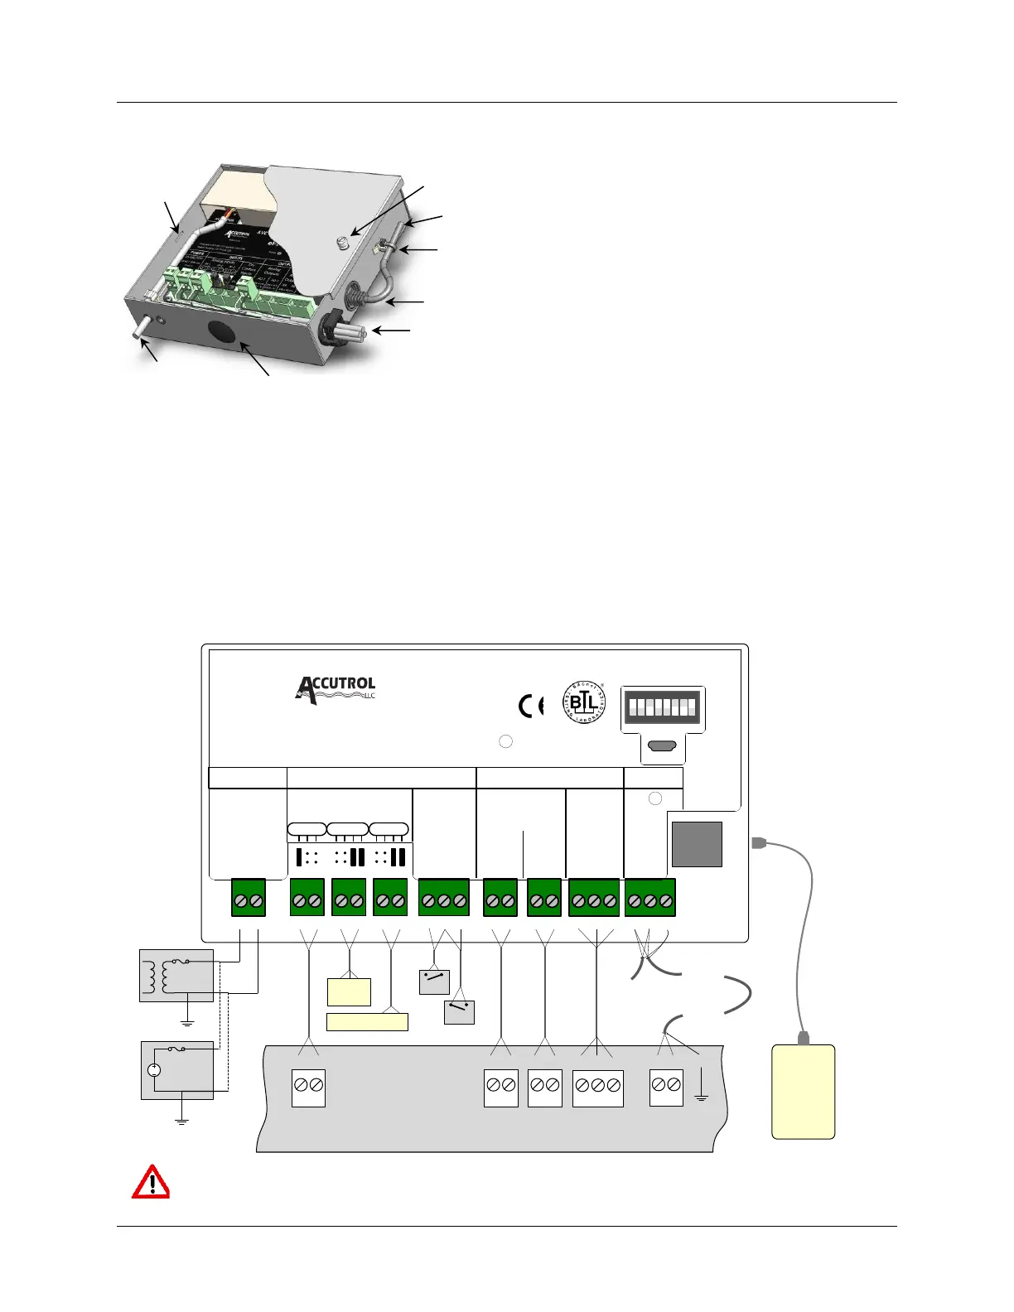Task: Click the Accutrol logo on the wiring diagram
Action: [x=336, y=690]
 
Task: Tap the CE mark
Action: [x=531, y=706]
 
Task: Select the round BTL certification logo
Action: [x=585, y=701]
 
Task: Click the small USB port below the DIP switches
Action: [x=662, y=746]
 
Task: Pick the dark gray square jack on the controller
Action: [x=697, y=844]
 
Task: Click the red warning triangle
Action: [x=151, y=1182]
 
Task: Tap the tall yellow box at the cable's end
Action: [x=803, y=1092]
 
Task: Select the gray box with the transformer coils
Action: [x=176, y=976]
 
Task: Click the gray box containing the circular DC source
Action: [x=176, y=1070]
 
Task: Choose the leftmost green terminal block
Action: [x=249, y=899]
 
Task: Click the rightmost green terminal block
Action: [x=650, y=899]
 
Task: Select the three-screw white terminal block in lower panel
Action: [x=597, y=1088]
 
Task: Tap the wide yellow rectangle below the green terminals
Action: [x=367, y=1022]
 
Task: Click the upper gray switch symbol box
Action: [x=434, y=982]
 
